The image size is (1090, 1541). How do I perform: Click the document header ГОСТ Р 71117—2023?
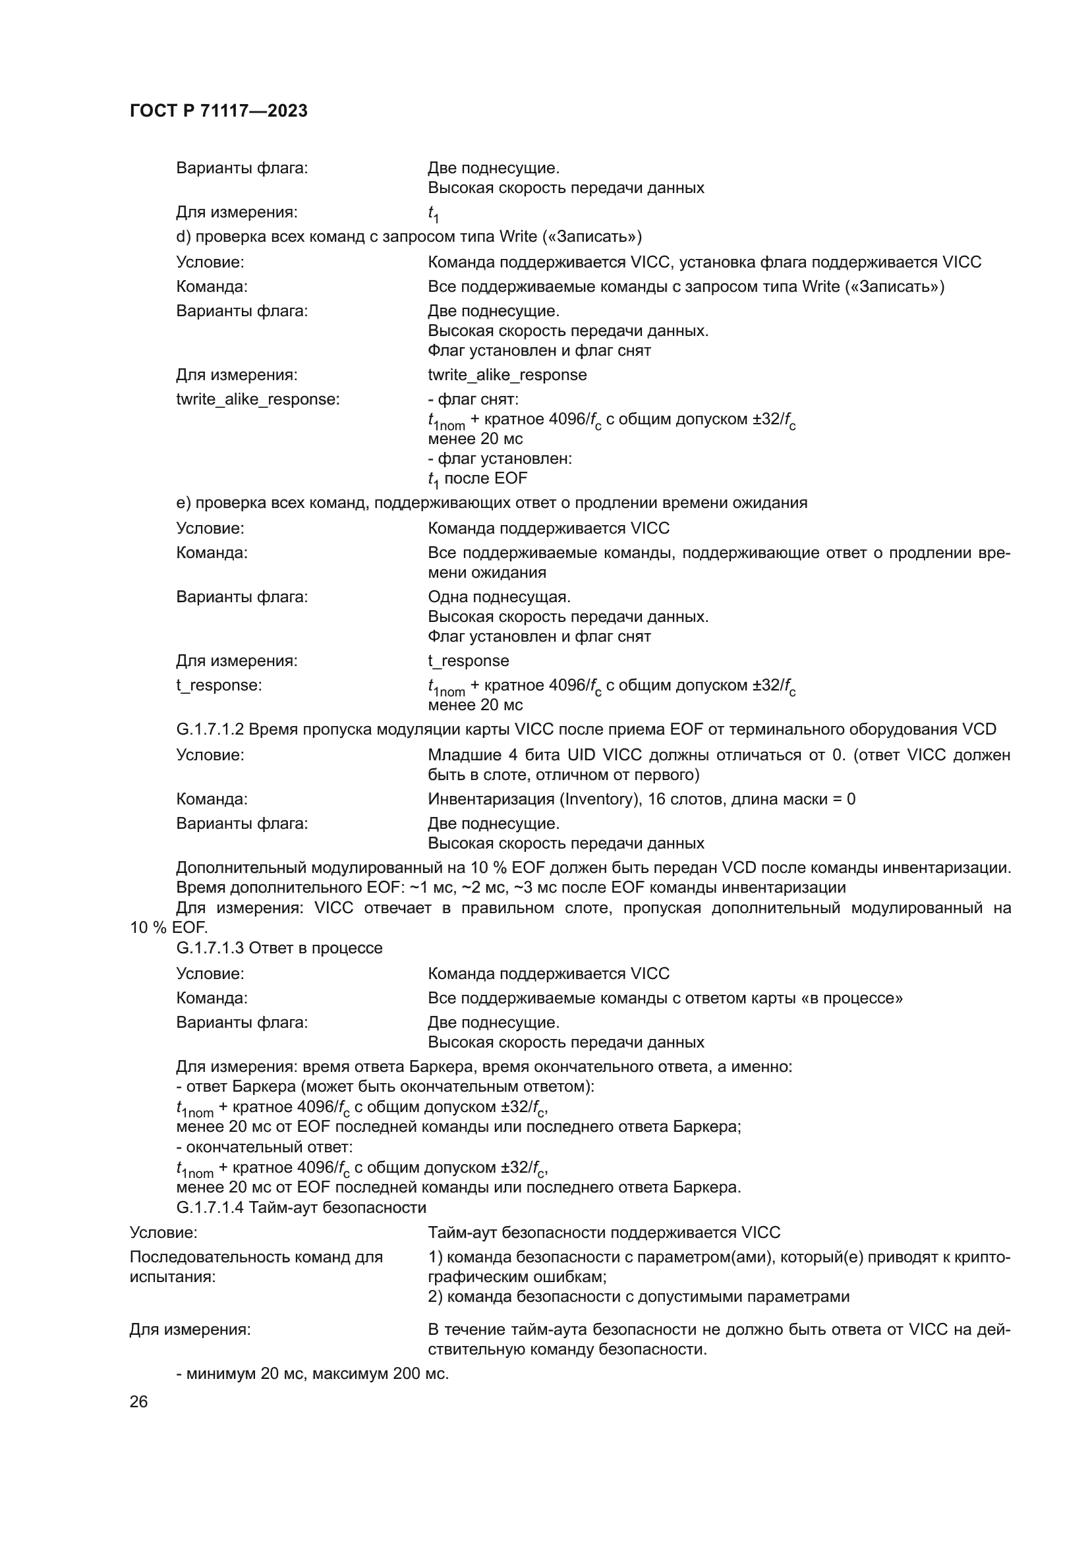pyautogui.click(x=218, y=111)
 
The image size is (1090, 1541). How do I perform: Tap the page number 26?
pyautogui.click(x=138, y=1401)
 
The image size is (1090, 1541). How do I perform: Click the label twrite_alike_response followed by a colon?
pyautogui.click(x=258, y=399)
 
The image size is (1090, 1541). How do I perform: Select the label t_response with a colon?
pyautogui.click(x=219, y=685)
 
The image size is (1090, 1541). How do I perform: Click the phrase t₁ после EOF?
pyautogui.click(x=477, y=478)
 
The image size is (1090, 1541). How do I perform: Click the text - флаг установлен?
pyautogui.click(x=500, y=459)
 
